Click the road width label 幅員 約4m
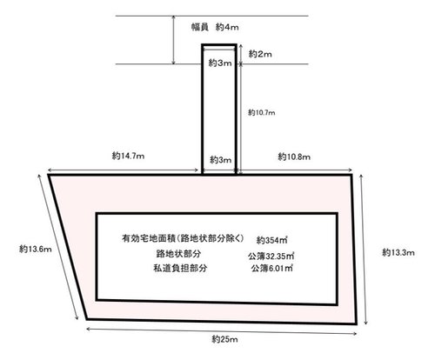tap(215, 27)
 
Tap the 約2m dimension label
tap(260, 54)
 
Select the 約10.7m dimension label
tap(261, 112)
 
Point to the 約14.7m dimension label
tap(128, 156)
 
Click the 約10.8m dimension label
tap(294, 157)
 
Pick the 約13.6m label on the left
tap(36, 249)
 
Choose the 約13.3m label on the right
tap(398, 252)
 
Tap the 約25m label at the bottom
tap(224, 339)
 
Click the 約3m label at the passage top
tap(220, 63)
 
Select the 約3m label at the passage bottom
tap(221, 160)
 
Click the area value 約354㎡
tap(271, 240)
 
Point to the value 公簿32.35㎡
tap(271, 256)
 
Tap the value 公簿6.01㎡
tap(271, 269)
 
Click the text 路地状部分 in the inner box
tap(178, 254)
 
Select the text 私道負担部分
tap(180, 268)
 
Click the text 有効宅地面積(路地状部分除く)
tap(183, 238)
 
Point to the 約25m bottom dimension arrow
tap(222, 331)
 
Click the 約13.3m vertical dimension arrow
tap(364, 249)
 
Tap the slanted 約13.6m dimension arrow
tap(58, 247)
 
